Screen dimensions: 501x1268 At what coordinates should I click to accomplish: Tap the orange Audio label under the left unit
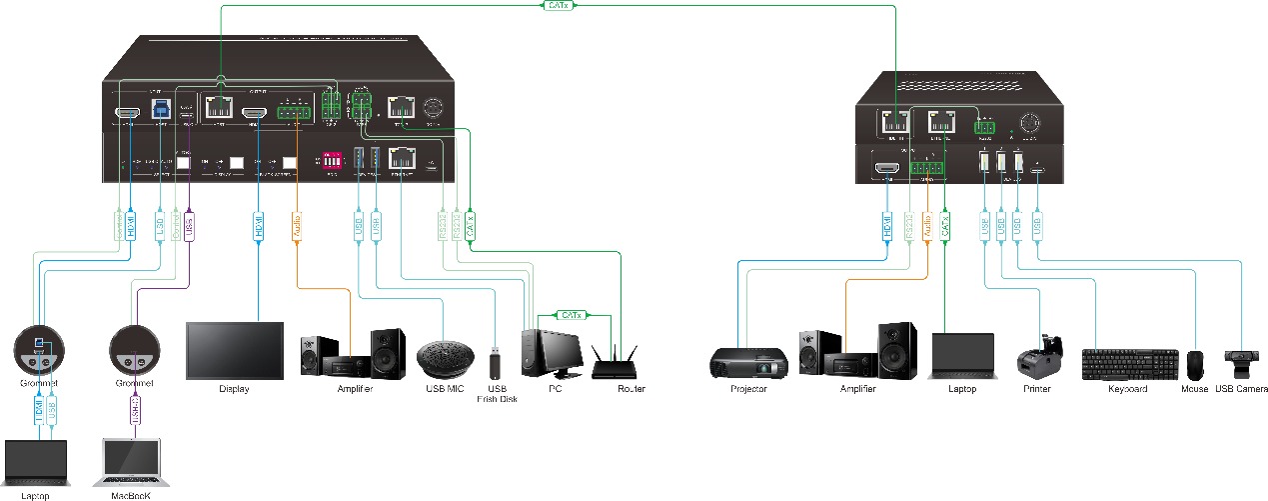point(296,227)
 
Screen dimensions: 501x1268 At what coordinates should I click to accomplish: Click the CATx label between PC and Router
point(569,316)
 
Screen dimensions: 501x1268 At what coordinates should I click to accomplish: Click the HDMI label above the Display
point(258,227)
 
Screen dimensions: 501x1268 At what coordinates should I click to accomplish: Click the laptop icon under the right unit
point(962,355)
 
